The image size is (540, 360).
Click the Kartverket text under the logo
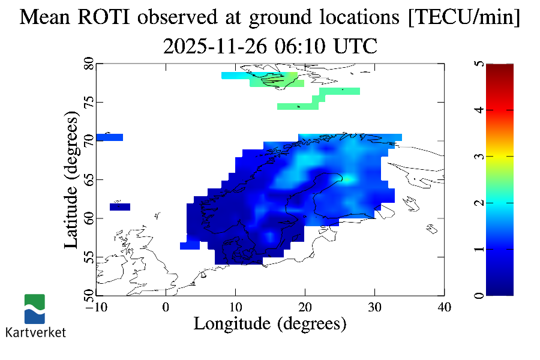[x=35, y=332]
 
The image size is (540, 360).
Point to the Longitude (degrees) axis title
[x=270, y=323]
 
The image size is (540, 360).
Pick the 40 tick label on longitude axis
[x=444, y=307]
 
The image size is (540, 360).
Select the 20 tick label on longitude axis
[x=305, y=307]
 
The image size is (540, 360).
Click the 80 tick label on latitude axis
[x=88, y=64]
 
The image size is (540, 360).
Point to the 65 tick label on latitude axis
[x=88, y=179]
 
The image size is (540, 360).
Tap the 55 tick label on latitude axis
[x=88, y=257]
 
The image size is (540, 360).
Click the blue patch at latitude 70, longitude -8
[x=109, y=137]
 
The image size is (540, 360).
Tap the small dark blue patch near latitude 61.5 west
[x=120, y=207]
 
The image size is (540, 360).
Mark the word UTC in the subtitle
[x=356, y=46]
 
